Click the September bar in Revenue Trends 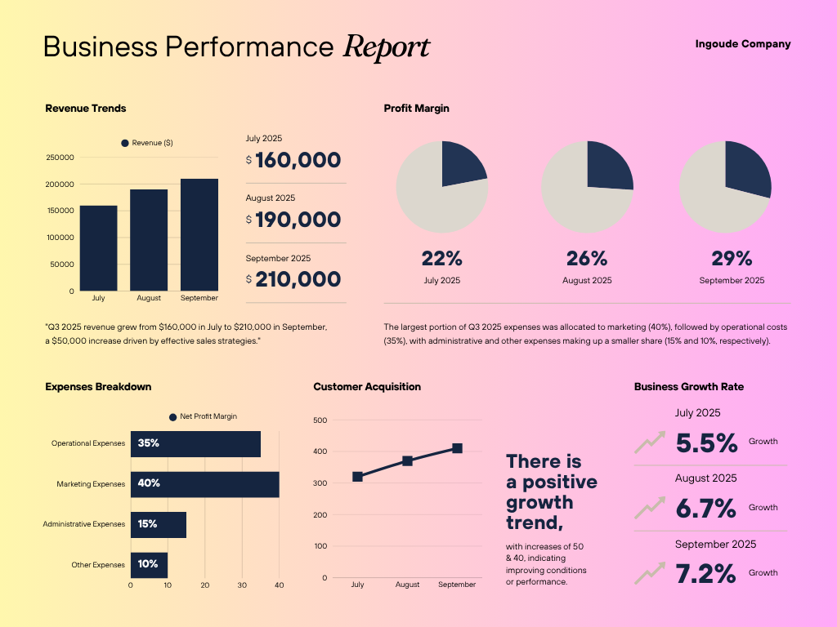tap(199, 234)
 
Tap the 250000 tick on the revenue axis tap(60, 158)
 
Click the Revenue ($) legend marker tap(125, 143)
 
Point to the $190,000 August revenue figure tap(298, 220)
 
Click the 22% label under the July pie tap(442, 259)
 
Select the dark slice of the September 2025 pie tap(747, 167)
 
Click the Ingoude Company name tap(743, 44)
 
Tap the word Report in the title tap(387, 47)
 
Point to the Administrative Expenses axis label tap(84, 524)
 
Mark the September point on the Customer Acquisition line tap(457, 448)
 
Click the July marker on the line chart tap(357, 477)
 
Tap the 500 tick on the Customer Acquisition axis tap(320, 420)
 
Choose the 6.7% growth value tap(706, 509)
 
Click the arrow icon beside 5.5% tap(650, 443)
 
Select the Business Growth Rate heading tap(689, 387)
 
